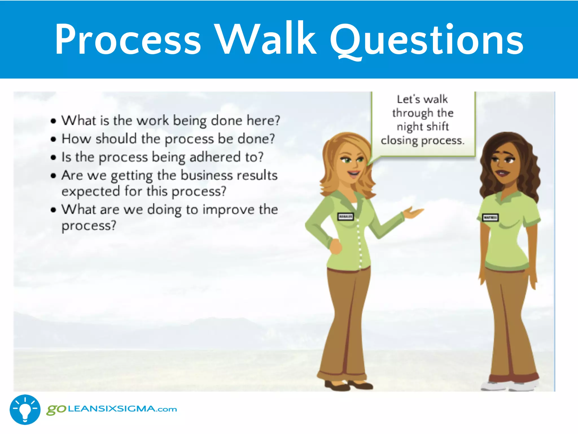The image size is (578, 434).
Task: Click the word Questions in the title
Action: [426, 40]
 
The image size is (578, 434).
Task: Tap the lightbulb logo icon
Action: [25, 409]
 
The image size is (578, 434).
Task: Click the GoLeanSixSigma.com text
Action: [112, 409]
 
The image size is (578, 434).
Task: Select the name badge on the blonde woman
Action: [345, 217]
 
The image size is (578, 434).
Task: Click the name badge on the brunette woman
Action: [490, 218]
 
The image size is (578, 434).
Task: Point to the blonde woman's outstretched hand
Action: [413, 212]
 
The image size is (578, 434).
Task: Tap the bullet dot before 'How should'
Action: [53, 139]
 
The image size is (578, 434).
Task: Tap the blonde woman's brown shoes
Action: [349, 385]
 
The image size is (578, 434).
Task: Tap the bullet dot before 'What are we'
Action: [53, 210]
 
